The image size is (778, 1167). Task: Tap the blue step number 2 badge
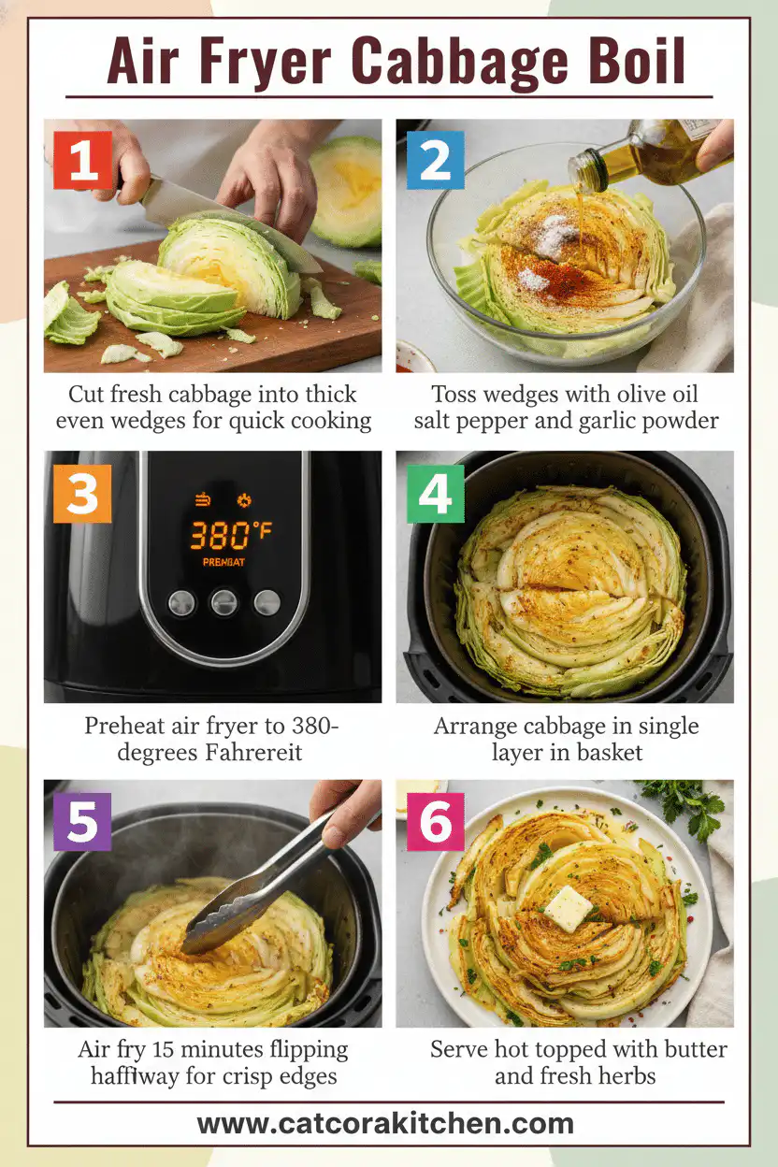pyautogui.click(x=434, y=161)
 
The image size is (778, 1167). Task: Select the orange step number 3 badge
pyautogui.click(x=82, y=492)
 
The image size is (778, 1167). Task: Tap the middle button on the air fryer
pyautogui.click(x=223, y=601)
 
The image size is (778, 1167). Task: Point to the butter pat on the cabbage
pyautogui.click(x=569, y=908)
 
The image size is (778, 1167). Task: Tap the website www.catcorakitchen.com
pyautogui.click(x=386, y=1123)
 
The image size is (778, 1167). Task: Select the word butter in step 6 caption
pyautogui.click(x=690, y=1049)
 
